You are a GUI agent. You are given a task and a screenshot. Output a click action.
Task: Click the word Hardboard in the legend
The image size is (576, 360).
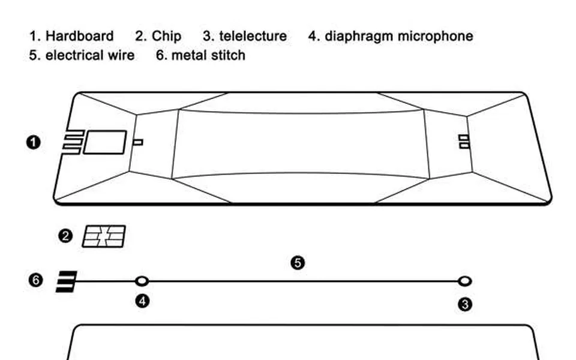point(79,36)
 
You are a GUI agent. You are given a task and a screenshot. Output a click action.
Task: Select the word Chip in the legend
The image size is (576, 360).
point(166,37)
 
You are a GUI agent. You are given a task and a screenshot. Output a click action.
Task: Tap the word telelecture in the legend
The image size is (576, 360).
point(253,36)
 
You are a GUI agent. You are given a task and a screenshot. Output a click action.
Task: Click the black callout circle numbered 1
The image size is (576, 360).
point(34,143)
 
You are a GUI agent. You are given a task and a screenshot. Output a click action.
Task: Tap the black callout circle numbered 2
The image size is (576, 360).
point(65,236)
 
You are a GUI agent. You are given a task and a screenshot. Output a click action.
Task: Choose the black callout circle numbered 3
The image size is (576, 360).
point(465,305)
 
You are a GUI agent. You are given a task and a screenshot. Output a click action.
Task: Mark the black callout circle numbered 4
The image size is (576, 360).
point(143,301)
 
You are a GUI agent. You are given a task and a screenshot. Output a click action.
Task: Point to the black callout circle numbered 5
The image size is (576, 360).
point(298,263)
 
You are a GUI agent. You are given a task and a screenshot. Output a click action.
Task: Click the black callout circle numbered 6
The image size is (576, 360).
point(35,280)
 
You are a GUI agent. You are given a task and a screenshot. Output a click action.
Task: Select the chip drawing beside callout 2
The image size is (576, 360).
point(104,236)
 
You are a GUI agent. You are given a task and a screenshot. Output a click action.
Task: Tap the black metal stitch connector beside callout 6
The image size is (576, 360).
point(67,282)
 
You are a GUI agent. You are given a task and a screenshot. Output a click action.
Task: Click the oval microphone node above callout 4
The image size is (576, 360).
point(142,281)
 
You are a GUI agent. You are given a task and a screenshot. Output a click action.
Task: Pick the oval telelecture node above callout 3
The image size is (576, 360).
point(464,281)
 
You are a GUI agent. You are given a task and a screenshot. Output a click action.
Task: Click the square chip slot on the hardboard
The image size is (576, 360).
point(105,142)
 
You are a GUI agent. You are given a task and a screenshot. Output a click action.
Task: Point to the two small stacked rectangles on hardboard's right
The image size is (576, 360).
point(464,142)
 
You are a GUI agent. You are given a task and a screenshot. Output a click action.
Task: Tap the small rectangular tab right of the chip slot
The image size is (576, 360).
point(138,142)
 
